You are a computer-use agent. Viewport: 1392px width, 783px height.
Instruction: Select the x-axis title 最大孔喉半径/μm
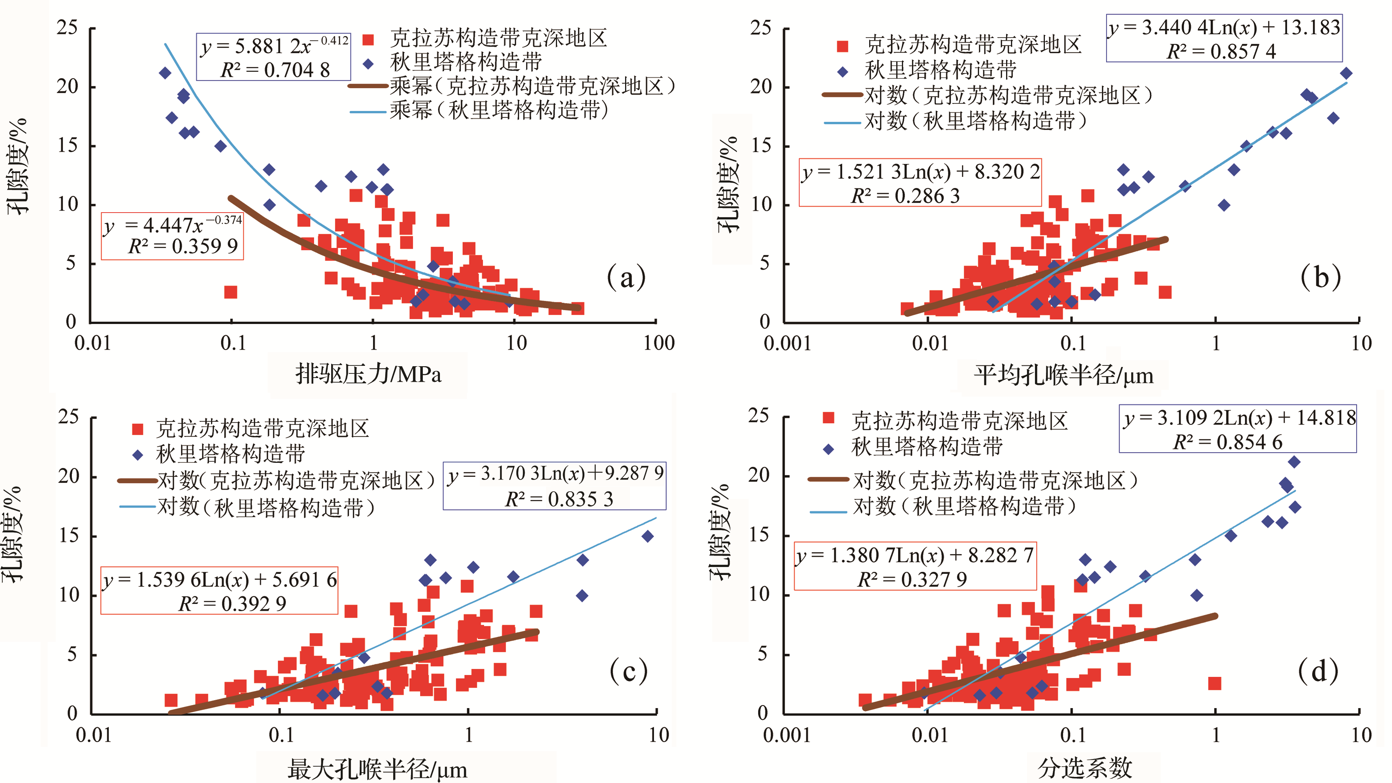pyautogui.click(x=377, y=769)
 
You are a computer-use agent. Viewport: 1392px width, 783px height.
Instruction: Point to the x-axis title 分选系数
pyautogui.click(x=1084, y=768)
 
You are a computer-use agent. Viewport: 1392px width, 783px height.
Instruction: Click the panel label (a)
pyautogui.click(x=626, y=277)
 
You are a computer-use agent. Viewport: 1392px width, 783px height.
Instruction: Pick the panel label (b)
pyautogui.click(x=1320, y=277)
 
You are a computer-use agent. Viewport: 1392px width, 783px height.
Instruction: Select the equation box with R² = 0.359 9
pyautogui.click(x=172, y=236)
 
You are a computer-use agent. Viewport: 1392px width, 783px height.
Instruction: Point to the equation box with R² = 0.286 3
pyautogui.click(x=920, y=183)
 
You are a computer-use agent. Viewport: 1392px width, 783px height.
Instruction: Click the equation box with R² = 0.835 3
pyautogui.click(x=554, y=486)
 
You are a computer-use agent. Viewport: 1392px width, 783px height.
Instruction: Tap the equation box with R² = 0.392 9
pyautogui.click(x=219, y=591)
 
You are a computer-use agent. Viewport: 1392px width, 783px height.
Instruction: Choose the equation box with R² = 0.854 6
pyautogui.click(x=1238, y=429)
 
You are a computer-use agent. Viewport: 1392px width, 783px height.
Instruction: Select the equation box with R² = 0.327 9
pyautogui.click(x=915, y=566)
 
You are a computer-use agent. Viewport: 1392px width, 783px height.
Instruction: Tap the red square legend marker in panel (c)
pyautogui.click(x=138, y=429)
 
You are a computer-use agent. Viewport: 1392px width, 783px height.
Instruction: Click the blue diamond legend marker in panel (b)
pyautogui.click(x=843, y=71)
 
